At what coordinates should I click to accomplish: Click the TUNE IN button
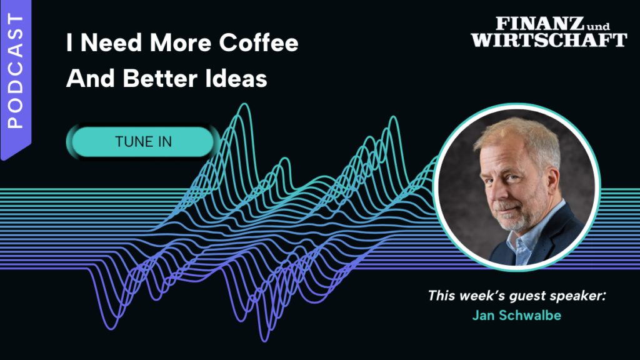click(143, 142)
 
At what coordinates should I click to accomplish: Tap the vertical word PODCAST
click(16, 71)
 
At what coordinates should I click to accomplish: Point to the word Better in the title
click(159, 78)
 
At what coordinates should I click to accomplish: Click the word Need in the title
click(111, 42)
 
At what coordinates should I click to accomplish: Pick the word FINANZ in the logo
click(540, 24)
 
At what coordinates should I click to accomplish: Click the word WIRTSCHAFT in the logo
click(549, 40)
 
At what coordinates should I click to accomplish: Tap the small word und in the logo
click(598, 26)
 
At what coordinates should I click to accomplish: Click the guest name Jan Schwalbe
click(516, 316)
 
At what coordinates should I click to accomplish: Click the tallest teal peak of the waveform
click(244, 104)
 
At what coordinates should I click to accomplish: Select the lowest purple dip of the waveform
click(265, 339)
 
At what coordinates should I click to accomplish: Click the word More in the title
click(181, 42)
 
